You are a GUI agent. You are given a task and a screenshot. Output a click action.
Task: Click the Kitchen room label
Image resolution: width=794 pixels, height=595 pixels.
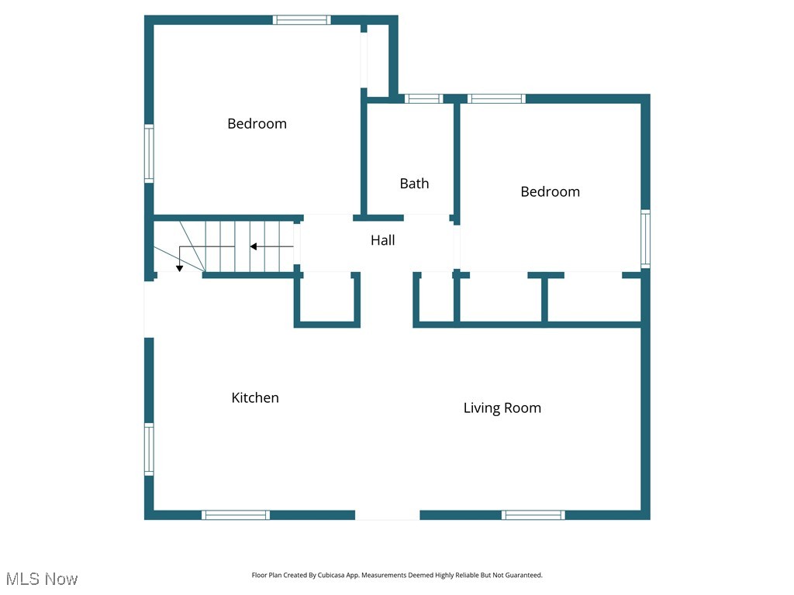[x=255, y=397]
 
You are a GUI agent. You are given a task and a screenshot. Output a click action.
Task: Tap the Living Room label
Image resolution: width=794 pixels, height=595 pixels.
[x=502, y=408]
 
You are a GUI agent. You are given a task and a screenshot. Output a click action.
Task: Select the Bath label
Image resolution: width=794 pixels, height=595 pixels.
[x=414, y=184]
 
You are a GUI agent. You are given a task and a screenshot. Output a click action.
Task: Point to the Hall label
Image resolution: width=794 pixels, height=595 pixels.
[x=382, y=240]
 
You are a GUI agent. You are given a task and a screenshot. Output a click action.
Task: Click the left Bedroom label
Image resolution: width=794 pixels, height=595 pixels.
[x=257, y=123]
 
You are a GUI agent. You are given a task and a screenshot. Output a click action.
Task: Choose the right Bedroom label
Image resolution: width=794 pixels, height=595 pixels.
[x=550, y=191]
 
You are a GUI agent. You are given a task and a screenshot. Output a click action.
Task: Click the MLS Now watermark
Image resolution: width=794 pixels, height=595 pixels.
[x=42, y=579]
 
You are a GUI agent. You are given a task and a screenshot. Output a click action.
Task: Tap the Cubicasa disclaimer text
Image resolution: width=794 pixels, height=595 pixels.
[x=397, y=575]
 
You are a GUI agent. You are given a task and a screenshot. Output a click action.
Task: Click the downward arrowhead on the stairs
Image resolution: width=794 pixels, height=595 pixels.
[x=179, y=268]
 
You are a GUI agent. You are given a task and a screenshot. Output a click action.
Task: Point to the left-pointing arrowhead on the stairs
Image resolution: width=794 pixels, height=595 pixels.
[x=253, y=246]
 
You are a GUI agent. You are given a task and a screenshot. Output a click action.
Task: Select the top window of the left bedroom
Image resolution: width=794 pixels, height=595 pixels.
[x=302, y=20]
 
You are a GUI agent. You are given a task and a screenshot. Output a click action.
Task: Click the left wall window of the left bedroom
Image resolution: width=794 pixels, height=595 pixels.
[x=149, y=153]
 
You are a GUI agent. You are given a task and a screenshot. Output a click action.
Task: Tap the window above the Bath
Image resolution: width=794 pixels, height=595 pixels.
[x=423, y=98]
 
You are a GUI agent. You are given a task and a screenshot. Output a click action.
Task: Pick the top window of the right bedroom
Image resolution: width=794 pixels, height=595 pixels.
[x=496, y=98]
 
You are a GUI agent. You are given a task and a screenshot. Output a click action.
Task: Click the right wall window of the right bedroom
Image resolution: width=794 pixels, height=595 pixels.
[x=645, y=239]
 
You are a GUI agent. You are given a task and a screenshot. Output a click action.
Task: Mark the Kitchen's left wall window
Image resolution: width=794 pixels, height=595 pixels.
[x=149, y=449]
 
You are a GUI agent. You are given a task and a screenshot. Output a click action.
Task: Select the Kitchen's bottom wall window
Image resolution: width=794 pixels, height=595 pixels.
[x=236, y=514]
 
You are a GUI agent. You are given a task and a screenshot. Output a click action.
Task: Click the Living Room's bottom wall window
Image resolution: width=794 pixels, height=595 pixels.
[x=533, y=514]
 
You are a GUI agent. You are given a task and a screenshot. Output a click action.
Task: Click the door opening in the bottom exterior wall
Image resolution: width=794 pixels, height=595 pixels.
[x=387, y=514]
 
